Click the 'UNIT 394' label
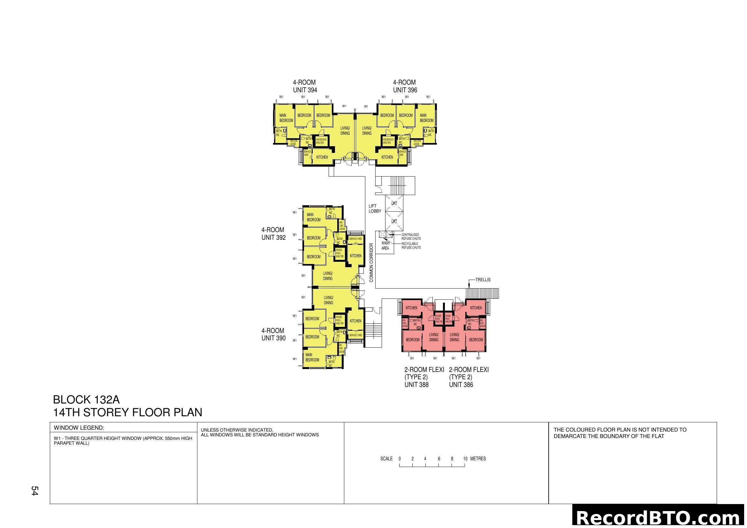(305, 90)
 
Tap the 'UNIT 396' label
(405, 90)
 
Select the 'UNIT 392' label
(273, 238)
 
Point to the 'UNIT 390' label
(273, 338)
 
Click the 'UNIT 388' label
(416, 385)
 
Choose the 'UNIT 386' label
(461, 385)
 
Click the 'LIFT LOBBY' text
(375, 208)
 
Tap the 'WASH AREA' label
(385, 245)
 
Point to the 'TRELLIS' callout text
(483, 280)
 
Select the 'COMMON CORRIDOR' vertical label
(371, 263)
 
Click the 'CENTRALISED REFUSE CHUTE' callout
(411, 237)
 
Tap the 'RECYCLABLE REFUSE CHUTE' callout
(411, 245)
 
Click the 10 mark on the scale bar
(465, 459)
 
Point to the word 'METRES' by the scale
(478, 459)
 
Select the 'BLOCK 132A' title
(86, 400)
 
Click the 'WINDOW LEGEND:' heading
(79, 428)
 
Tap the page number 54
(34, 491)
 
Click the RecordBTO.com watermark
(659, 517)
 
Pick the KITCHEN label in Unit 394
(322, 157)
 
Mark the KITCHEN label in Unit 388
(411, 308)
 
